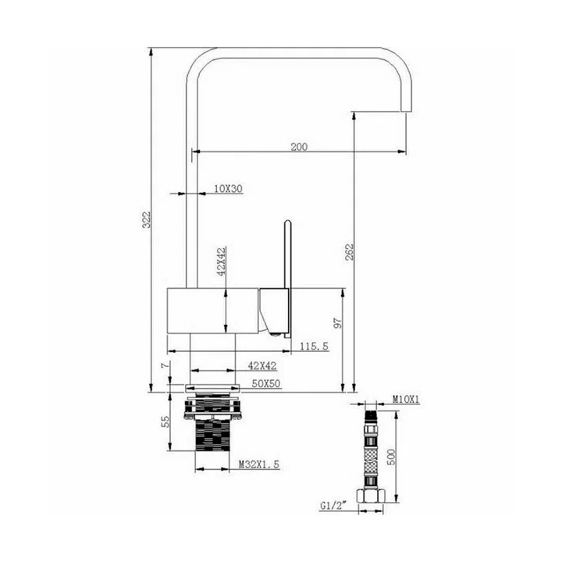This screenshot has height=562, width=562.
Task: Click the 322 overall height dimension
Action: (x=146, y=219)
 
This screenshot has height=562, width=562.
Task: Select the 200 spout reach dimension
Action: (x=299, y=147)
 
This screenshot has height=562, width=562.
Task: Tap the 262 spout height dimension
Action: (x=349, y=252)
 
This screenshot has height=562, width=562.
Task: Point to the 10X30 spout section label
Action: (x=228, y=189)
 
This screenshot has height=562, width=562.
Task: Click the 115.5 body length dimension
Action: (x=314, y=347)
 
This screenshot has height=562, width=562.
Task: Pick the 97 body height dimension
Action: (x=338, y=322)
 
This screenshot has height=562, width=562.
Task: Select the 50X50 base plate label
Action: (x=265, y=383)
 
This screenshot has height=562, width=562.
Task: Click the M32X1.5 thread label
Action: (x=259, y=464)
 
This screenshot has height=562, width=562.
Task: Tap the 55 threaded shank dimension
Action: (x=165, y=421)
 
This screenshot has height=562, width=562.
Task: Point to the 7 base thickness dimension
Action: (x=165, y=365)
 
